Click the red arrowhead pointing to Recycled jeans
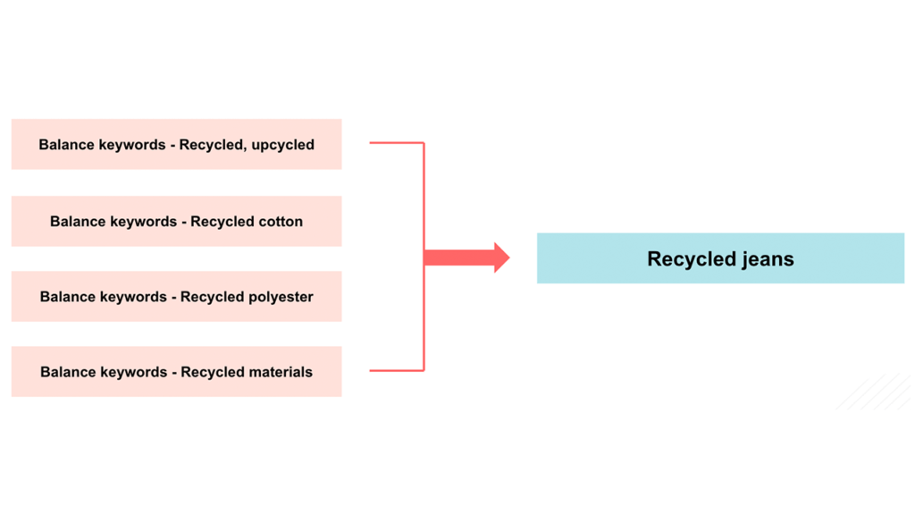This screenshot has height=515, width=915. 500,257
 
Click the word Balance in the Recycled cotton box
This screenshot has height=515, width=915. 78,222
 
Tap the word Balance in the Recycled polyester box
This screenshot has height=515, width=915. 67,297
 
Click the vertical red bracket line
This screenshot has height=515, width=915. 424,197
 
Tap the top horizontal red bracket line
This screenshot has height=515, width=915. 397,142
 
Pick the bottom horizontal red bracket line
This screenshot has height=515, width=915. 397,370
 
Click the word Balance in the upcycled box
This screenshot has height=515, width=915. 66,145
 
